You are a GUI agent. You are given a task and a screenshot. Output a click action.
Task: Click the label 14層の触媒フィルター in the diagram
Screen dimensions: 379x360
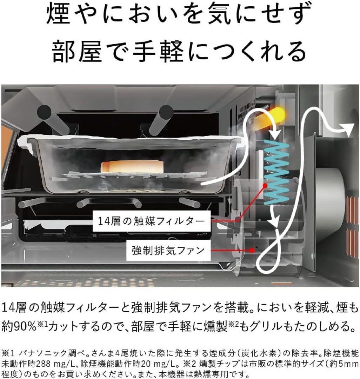coord(152,221)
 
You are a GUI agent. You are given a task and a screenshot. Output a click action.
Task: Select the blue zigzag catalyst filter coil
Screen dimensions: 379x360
coord(277,172)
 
